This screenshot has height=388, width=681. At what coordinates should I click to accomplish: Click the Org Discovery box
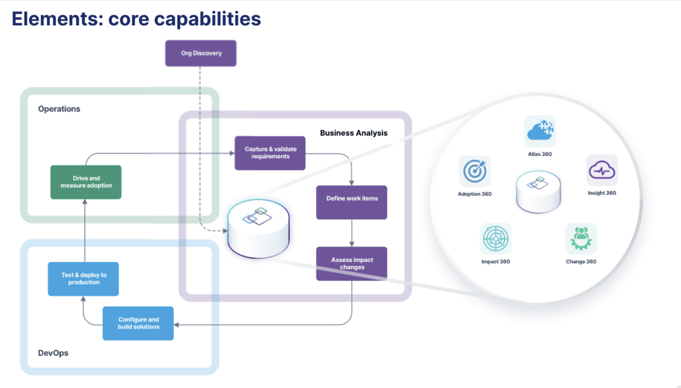pos(201,53)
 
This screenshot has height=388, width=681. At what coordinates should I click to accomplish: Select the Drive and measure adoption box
pos(86,182)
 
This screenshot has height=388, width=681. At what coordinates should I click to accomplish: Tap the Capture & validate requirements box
pos(270,153)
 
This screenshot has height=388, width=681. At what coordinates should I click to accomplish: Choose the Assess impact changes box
pos(351,264)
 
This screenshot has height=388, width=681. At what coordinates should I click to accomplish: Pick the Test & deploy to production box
pos(83,279)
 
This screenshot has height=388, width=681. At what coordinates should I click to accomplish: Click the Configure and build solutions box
pos(138,323)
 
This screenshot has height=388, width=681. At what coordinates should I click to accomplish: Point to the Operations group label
pos(59,109)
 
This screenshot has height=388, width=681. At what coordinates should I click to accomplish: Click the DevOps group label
pos(53,353)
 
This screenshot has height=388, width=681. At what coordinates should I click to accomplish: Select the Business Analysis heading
pos(353,133)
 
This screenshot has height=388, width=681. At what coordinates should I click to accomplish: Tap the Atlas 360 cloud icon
pos(540,131)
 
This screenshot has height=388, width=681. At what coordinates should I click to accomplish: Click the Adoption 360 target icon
pos(475,171)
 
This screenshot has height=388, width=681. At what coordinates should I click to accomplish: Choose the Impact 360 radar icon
pos(496,239)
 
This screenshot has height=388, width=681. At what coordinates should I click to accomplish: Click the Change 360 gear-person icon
pos(581,239)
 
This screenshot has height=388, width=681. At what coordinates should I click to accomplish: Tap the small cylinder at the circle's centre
pos(538,190)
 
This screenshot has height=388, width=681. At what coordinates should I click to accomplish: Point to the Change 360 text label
pos(581,262)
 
